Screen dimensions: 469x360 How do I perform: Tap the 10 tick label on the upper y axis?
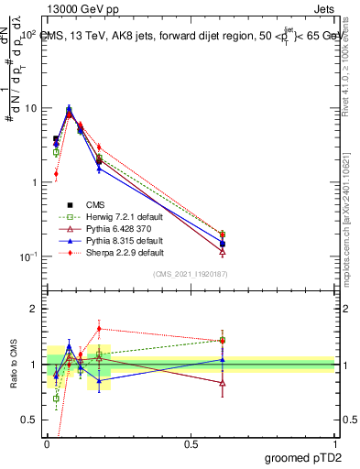(x=30, y=108)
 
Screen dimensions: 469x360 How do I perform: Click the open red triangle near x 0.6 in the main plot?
(x=223, y=251)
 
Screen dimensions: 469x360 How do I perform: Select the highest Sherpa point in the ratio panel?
(x=99, y=328)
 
